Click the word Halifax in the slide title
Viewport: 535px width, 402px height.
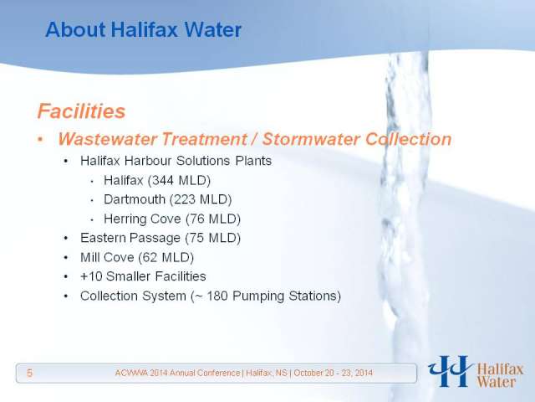coord(145,29)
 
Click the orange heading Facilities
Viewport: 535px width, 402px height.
coord(82,111)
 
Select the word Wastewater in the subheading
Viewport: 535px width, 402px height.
coord(108,139)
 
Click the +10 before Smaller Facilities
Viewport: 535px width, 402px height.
coord(91,276)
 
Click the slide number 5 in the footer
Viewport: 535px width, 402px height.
coord(30,373)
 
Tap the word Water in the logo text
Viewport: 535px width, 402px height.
coord(496,382)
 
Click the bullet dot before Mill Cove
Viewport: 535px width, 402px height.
coord(66,257)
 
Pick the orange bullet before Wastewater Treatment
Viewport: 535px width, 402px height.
coord(41,140)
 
